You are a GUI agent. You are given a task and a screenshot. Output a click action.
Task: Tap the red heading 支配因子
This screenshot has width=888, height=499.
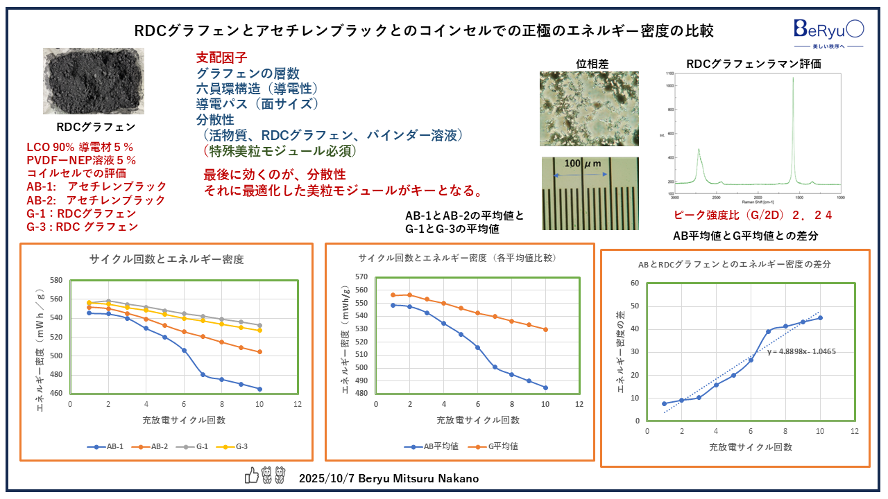(221, 58)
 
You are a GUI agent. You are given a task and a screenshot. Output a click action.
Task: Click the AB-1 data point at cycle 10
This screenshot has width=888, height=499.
(259, 389)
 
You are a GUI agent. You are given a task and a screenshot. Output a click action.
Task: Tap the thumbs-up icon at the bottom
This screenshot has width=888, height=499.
(251, 475)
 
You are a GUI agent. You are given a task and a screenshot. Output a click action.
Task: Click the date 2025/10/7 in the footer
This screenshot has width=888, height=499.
(325, 479)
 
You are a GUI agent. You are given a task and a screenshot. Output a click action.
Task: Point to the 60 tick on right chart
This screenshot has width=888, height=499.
(634, 283)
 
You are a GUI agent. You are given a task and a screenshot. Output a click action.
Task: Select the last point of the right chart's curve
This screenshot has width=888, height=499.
(819, 317)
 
